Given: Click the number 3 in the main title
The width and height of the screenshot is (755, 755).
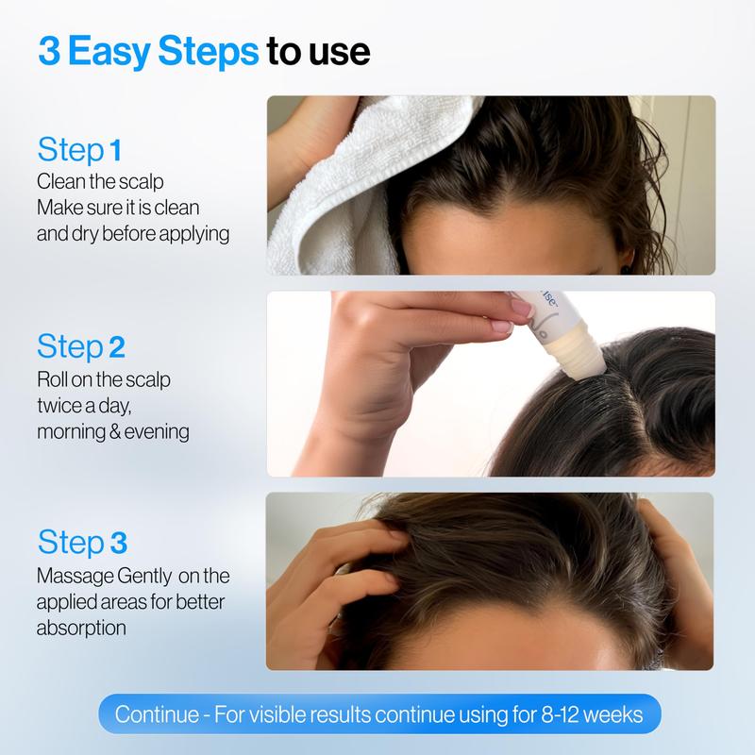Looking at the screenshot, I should click(49, 52).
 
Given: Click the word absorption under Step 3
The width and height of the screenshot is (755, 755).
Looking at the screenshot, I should click(81, 627).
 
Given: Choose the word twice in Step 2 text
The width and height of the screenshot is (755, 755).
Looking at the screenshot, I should click(60, 406).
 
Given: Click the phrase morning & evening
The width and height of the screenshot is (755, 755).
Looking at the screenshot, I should click(113, 431).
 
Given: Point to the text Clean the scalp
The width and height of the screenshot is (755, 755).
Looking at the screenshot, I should click(92, 181).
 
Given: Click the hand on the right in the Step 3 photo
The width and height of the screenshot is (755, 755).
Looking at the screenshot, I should click(679, 566).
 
